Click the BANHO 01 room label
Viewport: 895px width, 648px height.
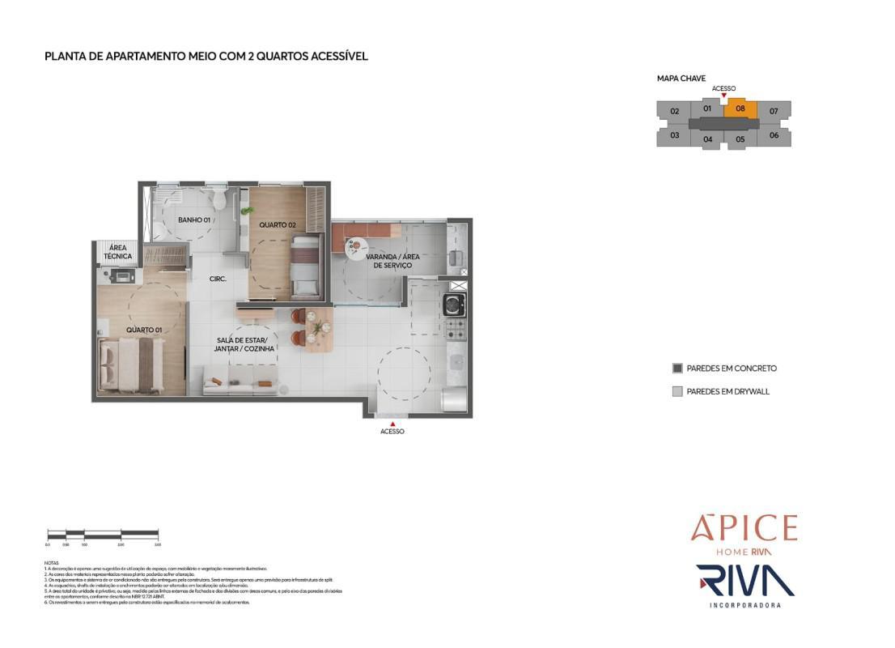(194, 220)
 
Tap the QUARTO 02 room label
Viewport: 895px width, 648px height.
(277, 224)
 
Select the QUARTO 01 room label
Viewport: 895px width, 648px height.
(144, 330)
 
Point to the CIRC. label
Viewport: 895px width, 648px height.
(217, 279)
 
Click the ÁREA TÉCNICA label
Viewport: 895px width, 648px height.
(117, 251)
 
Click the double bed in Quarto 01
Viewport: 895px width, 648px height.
(132, 363)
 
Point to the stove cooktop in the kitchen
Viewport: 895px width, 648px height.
(453, 329)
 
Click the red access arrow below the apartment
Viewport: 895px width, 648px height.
(392, 423)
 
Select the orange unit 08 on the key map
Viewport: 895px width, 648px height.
(740, 109)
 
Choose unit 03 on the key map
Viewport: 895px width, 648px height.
(674, 135)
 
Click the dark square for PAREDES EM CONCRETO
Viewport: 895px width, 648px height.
(677, 369)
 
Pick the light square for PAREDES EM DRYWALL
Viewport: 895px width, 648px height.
(677, 391)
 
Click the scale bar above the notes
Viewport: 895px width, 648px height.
(103, 533)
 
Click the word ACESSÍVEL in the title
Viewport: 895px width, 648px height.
(338, 57)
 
